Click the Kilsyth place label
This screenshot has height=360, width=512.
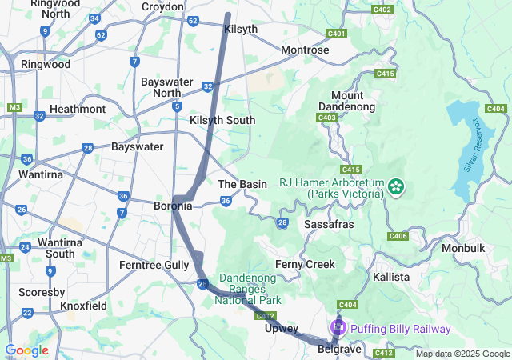coord(242,29)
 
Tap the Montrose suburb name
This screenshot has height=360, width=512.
coord(305,50)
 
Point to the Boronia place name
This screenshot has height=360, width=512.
coord(172,206)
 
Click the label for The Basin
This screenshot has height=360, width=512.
coord(242,184)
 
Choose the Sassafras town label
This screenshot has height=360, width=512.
coord(329,225)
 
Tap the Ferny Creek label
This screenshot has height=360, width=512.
coord(304,264)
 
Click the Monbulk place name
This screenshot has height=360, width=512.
coord(463,248)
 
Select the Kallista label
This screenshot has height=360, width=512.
coord(390,277)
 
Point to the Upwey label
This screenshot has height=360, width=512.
coord(282,328)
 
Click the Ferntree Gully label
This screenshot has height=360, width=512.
coord(154,264)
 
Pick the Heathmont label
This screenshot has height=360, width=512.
coord(78,109)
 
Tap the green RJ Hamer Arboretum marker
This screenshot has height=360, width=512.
coord(394,187)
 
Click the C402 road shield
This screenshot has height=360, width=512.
coord(383,9)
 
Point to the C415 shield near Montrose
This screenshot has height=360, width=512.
coord(386,74)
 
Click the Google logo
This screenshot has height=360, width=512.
coord(26,350)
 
